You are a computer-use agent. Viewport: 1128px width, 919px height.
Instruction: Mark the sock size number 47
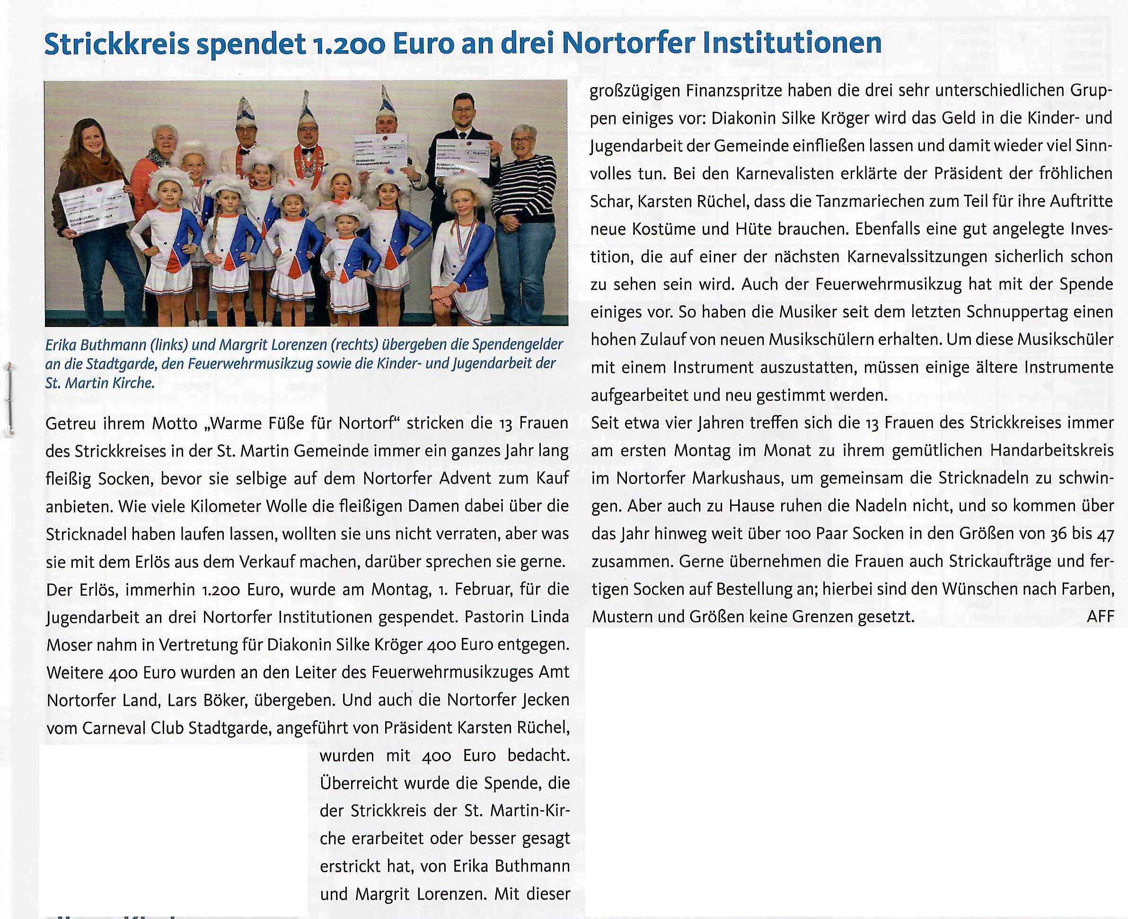(1105, 534)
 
